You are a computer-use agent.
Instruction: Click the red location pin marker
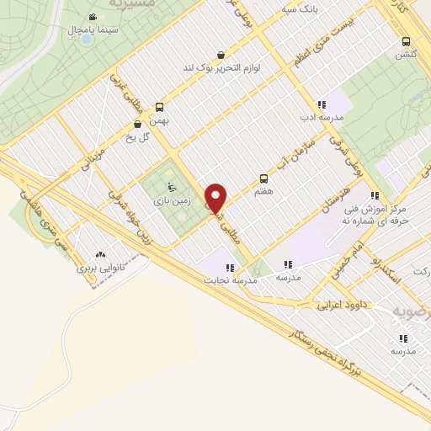click(x=216, y=197)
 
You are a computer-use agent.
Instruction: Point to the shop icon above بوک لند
click(x=221, y=53)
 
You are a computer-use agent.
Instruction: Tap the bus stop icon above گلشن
click(x=407, y=40)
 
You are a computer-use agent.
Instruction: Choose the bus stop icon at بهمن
click(x=159, y=107)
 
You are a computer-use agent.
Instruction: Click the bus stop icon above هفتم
click(x=263, y=178)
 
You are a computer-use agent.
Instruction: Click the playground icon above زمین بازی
click(x=173, y=188)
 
